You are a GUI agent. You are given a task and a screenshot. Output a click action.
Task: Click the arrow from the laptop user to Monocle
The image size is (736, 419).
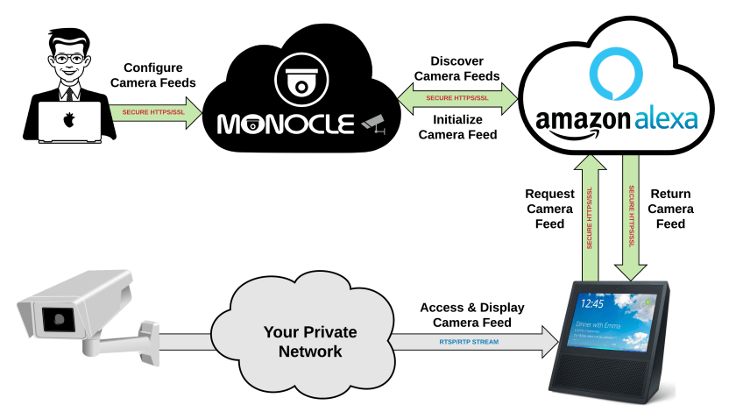tap(154, 114)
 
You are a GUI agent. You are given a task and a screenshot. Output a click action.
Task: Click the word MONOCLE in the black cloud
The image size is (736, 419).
tap(286, 124)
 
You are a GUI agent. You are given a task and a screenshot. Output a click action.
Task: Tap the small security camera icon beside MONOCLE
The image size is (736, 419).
tap(372, 124)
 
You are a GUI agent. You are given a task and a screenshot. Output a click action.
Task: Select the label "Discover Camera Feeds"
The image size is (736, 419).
tap(456, 69)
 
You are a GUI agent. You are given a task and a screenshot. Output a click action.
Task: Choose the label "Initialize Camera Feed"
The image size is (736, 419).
tap(457, 127)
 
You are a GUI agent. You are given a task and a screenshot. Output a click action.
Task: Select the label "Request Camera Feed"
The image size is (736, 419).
tap(549, 209)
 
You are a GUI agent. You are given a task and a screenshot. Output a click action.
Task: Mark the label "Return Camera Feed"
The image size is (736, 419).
tap(671, 209)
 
